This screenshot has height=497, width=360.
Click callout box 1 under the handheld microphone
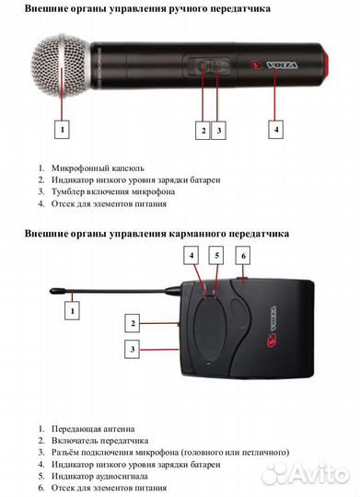click(x=62, y=130)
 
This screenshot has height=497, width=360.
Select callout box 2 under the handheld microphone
click(x=203, y=130)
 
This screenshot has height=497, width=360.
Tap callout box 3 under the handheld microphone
click(x=218, y=130)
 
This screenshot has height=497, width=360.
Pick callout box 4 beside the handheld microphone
click(x=275, y=129)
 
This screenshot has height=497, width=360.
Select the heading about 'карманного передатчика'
click(x=157, y=235)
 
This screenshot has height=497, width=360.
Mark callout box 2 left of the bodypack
click(x=134, y=324)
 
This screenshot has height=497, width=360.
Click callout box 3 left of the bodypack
click(x=134, y=350)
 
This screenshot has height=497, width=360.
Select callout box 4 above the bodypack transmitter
click(x=192, y=255)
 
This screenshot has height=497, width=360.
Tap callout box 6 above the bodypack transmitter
click(x=243, y=255)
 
